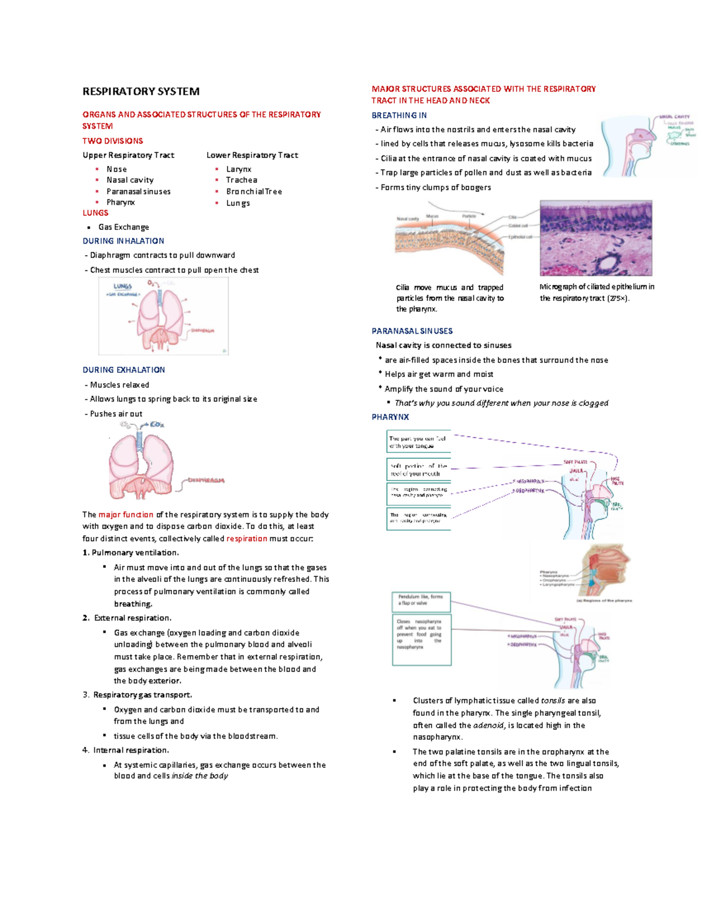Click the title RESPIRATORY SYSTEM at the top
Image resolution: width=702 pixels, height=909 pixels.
(x=141, y=91)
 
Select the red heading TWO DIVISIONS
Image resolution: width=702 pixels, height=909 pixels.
(x=112, y=141)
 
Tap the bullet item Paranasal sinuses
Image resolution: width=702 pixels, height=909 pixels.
(x=138, y=191)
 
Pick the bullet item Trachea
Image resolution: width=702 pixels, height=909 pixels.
(x=242, y=180)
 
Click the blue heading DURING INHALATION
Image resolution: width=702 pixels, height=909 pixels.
(x=123, y=241)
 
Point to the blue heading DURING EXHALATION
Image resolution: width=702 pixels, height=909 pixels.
(x=123, y=370)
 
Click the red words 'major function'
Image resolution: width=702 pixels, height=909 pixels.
(x=126, y=514)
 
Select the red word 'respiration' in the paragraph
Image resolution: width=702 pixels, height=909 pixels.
(x=246, y=538)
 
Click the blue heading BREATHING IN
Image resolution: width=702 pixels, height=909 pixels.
(x=399, y=115)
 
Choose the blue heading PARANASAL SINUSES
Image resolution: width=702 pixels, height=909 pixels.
(x=412, y=331)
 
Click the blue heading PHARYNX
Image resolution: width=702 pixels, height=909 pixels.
(x=390, y=417)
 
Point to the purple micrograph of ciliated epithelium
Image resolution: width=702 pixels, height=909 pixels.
(x=596, y=238)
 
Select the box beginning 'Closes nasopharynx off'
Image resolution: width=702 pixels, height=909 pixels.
(x=421, y=639)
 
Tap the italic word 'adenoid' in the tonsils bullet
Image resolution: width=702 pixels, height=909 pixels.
(x=488, y=725)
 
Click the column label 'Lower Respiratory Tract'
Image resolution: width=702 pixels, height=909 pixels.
(x=252, y=155)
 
